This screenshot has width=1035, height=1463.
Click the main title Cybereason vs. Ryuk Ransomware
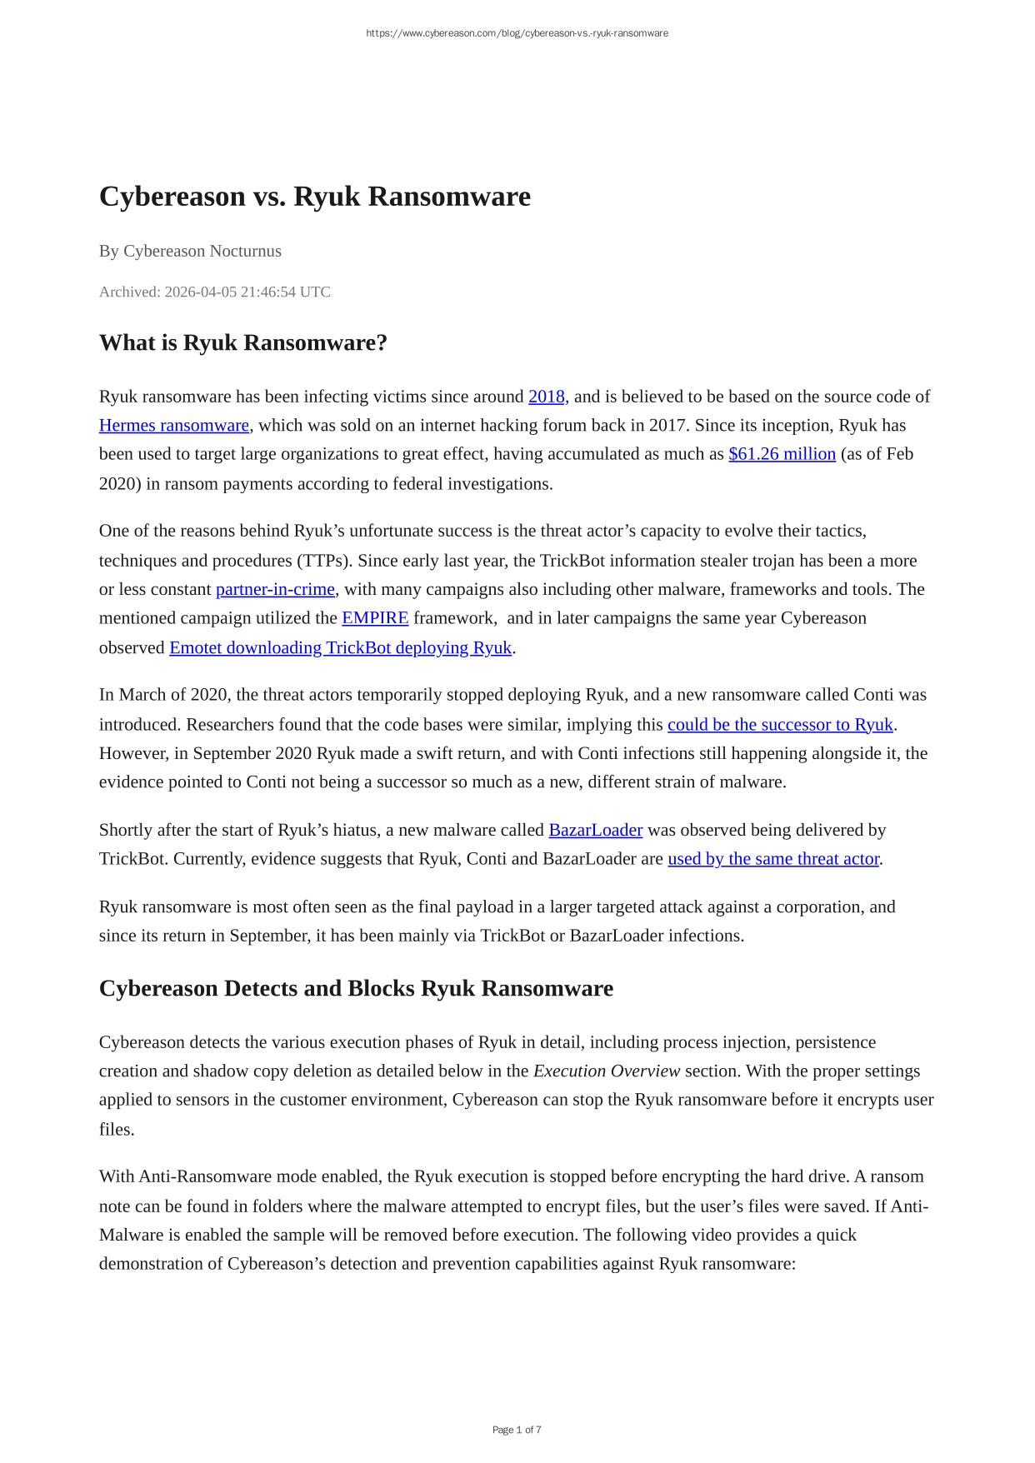pos(314,197)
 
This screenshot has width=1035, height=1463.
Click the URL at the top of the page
pos(517,33)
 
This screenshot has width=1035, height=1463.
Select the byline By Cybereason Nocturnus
pos(190,251)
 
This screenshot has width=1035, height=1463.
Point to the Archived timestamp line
pos(214,292)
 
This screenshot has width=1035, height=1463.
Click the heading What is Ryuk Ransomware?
pos(242,342)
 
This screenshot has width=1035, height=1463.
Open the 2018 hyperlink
pos(547,397)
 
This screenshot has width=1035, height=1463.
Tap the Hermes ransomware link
pos(173,426)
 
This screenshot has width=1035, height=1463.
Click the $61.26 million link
pos(782,454)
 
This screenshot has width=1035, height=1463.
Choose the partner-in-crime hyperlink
pos(275,589)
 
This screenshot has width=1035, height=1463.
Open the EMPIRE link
pos(375,618)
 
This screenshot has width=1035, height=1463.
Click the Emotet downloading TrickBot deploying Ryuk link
pos(340,647)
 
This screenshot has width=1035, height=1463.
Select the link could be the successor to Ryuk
pos(780,724)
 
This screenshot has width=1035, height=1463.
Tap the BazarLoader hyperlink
pos(595,830)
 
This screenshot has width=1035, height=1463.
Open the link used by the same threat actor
pos(772,859)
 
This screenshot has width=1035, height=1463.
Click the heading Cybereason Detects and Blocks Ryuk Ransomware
pos(356,988)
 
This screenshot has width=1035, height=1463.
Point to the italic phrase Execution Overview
pos(606,1071)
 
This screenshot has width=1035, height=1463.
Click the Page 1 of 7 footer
pos(517,1430)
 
